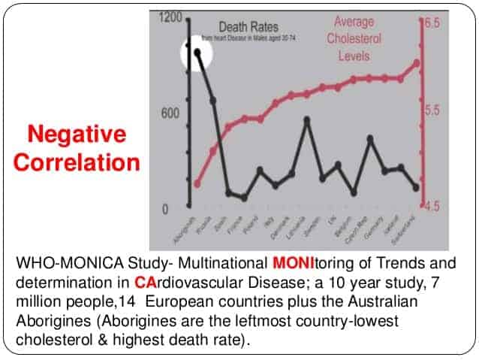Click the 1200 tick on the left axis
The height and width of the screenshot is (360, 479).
click(172, 17)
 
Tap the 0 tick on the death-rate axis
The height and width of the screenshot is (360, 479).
click(174, 208)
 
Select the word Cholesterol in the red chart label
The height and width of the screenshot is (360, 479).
click(354, 39)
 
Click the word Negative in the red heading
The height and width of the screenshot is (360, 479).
click(77, 135)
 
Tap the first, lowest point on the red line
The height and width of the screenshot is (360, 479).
click(197, 183)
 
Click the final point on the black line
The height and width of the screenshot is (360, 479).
click(417, 187)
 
